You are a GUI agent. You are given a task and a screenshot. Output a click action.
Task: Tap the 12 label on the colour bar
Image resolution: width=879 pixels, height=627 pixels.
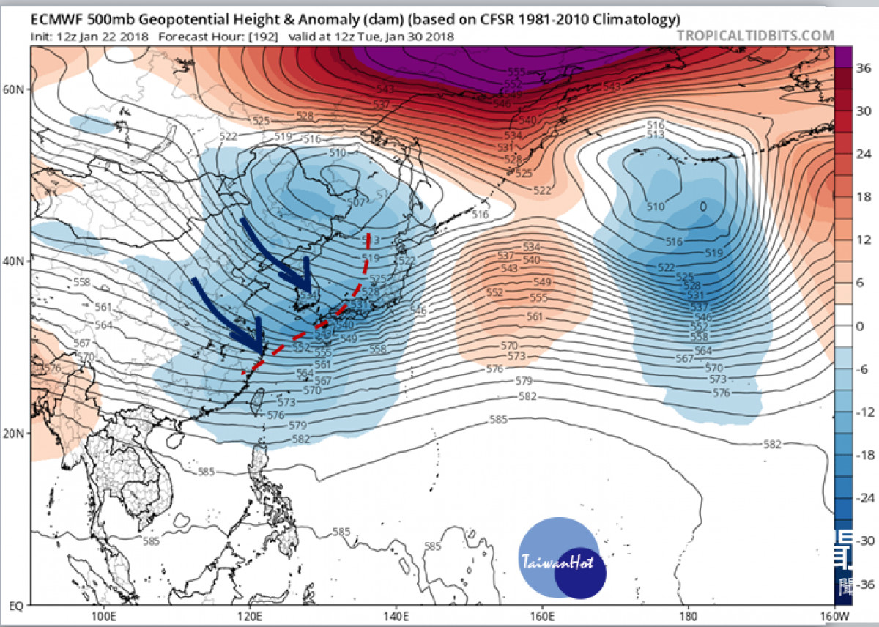[x=863, y=240]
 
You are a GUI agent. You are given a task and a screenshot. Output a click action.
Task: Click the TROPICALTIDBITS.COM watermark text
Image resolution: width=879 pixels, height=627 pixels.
[x=755, y=35]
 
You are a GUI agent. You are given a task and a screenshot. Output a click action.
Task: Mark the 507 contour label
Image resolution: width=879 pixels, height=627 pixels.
[x=355, y=201]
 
